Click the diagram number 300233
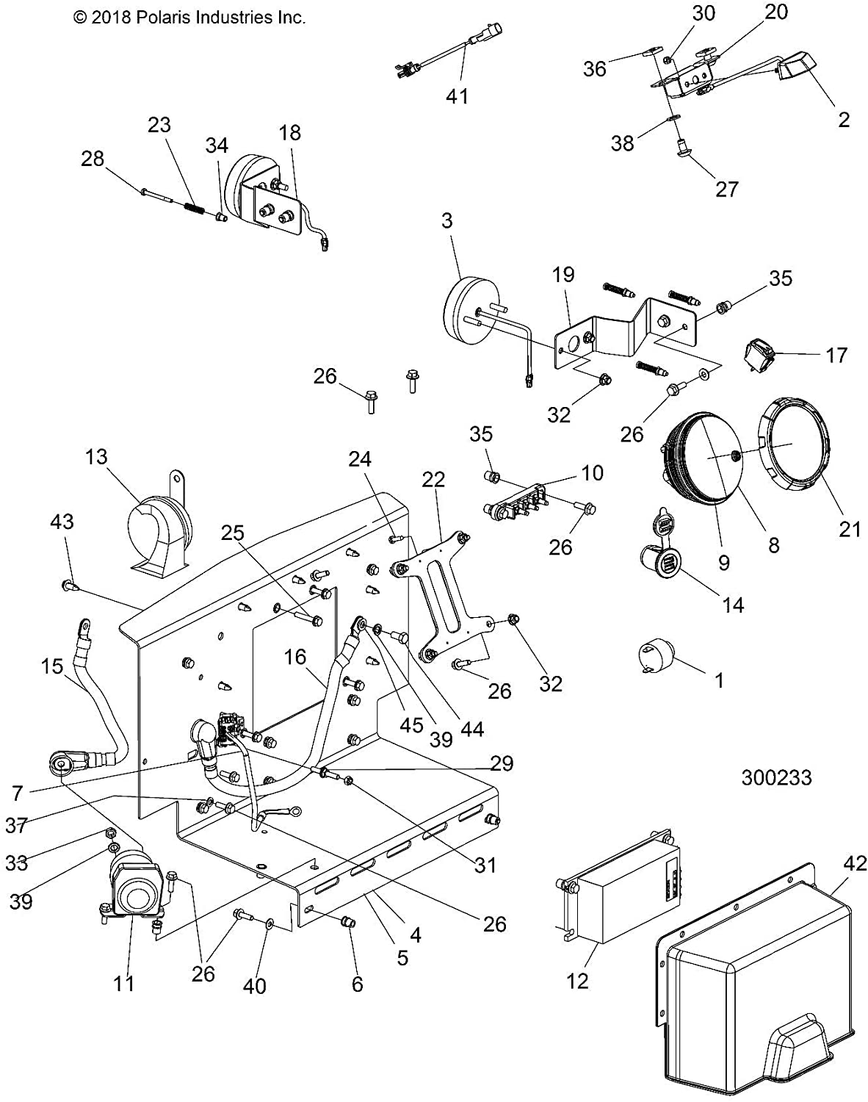(776, 778)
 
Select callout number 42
(854, 863)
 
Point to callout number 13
(96, 457)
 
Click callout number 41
(457, 96)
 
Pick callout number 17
(836, 356)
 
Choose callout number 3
(446, 221)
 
